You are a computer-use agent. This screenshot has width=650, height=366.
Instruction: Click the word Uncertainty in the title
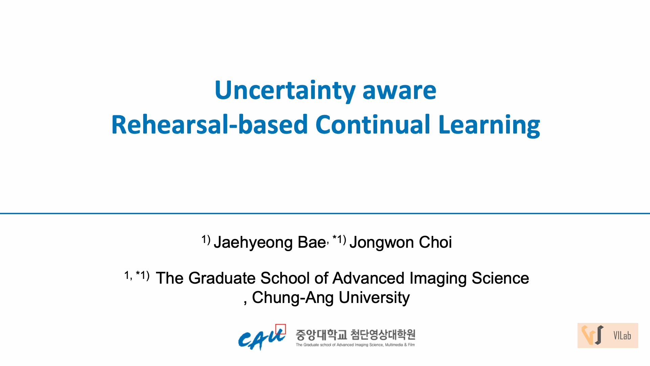coord(285,90)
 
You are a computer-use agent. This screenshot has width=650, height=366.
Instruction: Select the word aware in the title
coord(399,91)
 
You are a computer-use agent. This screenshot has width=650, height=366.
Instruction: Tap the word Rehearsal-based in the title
coord(210,124)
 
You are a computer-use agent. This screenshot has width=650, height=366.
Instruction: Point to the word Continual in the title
coord(373,124)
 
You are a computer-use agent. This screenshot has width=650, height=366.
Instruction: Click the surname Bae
coord(312,242)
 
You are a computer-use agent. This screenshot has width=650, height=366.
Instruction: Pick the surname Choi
coord(435,242)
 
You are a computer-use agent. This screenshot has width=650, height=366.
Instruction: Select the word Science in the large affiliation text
coord(500,278)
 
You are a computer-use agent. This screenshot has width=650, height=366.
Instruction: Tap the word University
coord(374,298)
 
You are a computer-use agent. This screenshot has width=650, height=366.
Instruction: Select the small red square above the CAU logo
coord(280,329)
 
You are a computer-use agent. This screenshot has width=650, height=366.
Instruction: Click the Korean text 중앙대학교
coord(321,335)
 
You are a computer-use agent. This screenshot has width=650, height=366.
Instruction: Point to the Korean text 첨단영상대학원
coord(383,335)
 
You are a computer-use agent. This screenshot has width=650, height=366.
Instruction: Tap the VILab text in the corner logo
coord(622,335)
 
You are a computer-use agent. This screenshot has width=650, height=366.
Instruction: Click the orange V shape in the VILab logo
coord(588,335)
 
